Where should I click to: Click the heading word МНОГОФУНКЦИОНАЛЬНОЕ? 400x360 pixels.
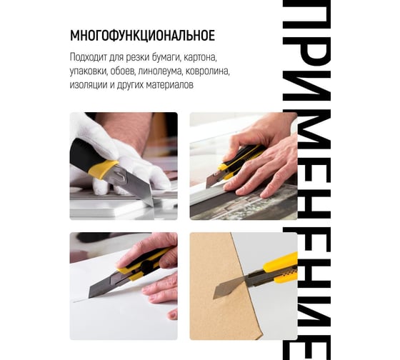click(x=142, y=36)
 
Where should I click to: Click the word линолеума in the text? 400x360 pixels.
click(x=160, y=71)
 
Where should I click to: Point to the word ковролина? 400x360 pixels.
click(x=208, y=71)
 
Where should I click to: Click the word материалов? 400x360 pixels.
click(x=170, y=85)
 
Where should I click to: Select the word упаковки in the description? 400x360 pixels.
click(x=89, y=71)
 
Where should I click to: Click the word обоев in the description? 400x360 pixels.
click(x=123, y=71)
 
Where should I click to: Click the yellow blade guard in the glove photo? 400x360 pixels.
click(x=104, y=169)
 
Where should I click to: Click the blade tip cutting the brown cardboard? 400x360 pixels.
click(x=214, y=296)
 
